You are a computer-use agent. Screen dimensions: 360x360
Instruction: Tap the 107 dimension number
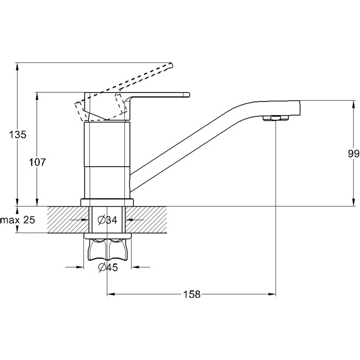[37, 162]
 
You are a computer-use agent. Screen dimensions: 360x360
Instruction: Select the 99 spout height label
[354, 154]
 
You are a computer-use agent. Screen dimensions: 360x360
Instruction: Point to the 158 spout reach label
[192, 294]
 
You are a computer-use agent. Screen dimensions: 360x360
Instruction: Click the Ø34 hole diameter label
[107, 220]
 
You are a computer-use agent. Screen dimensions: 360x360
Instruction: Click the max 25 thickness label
[18, 220]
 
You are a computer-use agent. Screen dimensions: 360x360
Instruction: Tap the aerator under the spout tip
[275, 118]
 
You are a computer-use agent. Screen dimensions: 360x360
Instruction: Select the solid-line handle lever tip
[185, 95]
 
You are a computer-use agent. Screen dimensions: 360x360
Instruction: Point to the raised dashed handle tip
[169, 66]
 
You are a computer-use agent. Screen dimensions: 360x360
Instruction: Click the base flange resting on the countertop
[107, 202]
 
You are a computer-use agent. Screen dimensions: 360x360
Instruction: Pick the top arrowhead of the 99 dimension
[353, 104]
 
